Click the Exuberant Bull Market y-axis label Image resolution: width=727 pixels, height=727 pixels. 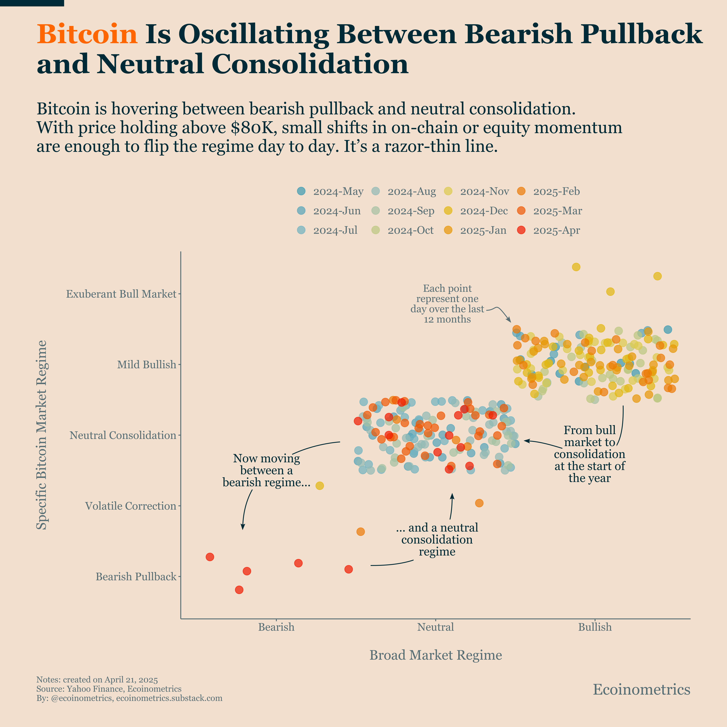click(x=121, y=294)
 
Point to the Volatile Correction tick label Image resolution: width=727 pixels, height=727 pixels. click(x=131, y=506)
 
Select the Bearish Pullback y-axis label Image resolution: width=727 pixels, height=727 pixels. click(x=136, y=576)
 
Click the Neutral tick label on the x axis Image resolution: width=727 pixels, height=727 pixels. click(x=435, y=627)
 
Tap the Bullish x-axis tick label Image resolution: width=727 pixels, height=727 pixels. click(x=594, y=627)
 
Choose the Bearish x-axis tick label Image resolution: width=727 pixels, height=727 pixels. click(x=276, y=627)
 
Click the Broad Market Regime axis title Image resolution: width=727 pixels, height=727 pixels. click(x=435, y=655)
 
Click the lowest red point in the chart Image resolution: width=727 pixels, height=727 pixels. click(x=239, y=590)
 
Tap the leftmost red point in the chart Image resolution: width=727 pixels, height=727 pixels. click(x=210, y=556)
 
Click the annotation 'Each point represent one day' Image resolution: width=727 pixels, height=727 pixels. click(x=447, y=304)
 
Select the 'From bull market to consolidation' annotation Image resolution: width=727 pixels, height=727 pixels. click(x=589, y=454)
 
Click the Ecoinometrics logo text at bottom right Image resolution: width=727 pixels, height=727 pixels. click(x=641, y=689)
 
